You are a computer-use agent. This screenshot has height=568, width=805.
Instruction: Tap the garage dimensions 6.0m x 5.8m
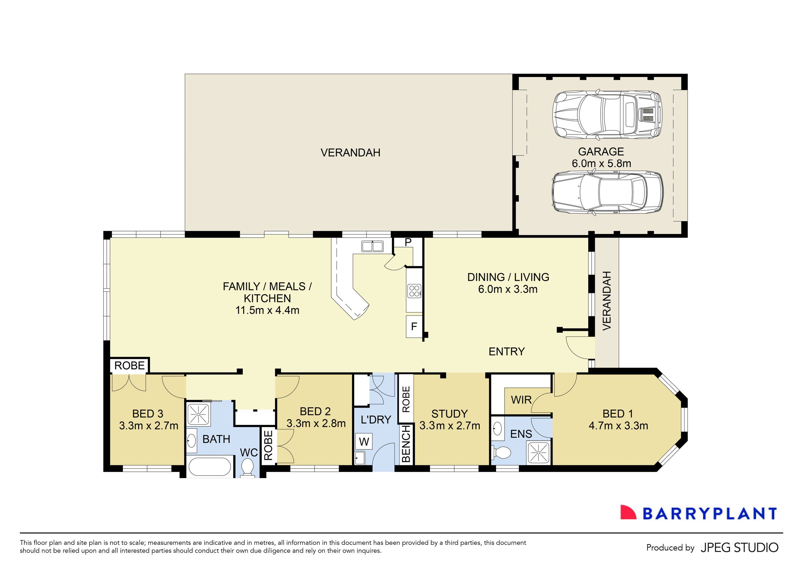pos(601,164)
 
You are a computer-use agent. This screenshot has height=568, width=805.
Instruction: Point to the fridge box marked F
pos(414,326)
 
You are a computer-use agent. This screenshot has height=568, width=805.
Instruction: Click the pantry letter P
pos(408,242)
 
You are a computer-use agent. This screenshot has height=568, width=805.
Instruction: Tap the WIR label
pos(521,400)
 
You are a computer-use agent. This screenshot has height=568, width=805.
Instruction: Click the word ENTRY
pos(507,351)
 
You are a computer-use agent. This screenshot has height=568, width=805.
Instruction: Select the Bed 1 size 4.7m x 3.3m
pos(618,426)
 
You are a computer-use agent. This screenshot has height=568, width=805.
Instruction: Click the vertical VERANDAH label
pos(607,301)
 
